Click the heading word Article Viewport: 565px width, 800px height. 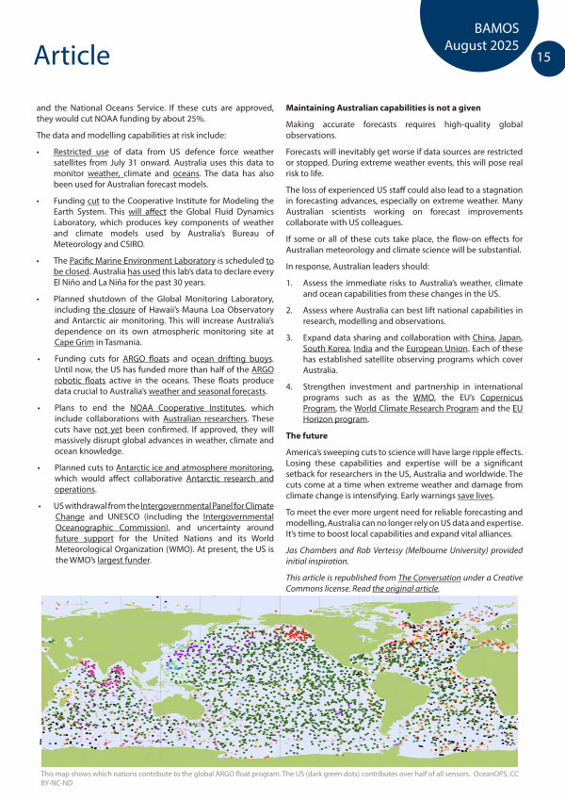point(72,56)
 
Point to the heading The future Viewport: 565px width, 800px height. point(307,436)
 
